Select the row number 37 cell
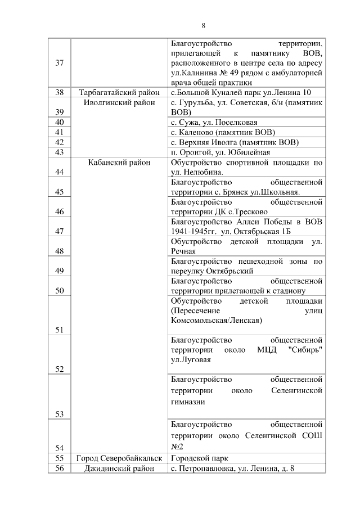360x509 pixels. [x=59, y=62]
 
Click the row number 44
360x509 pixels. [x=59, y=172]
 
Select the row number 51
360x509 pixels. [x=59, y=330]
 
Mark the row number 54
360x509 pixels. [x=59, y=447]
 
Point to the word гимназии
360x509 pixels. [x=187, y=402]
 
